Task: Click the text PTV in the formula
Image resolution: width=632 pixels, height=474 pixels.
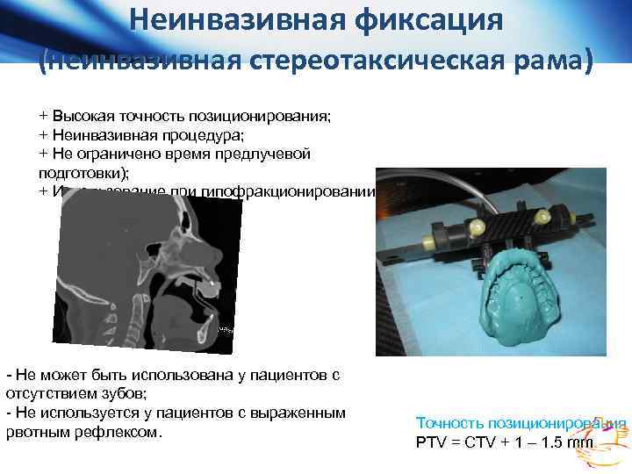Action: pyautogui.click(x=430, y=442)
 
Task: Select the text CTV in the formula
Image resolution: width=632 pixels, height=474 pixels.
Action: pyautogui.click(x=479, y=442)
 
